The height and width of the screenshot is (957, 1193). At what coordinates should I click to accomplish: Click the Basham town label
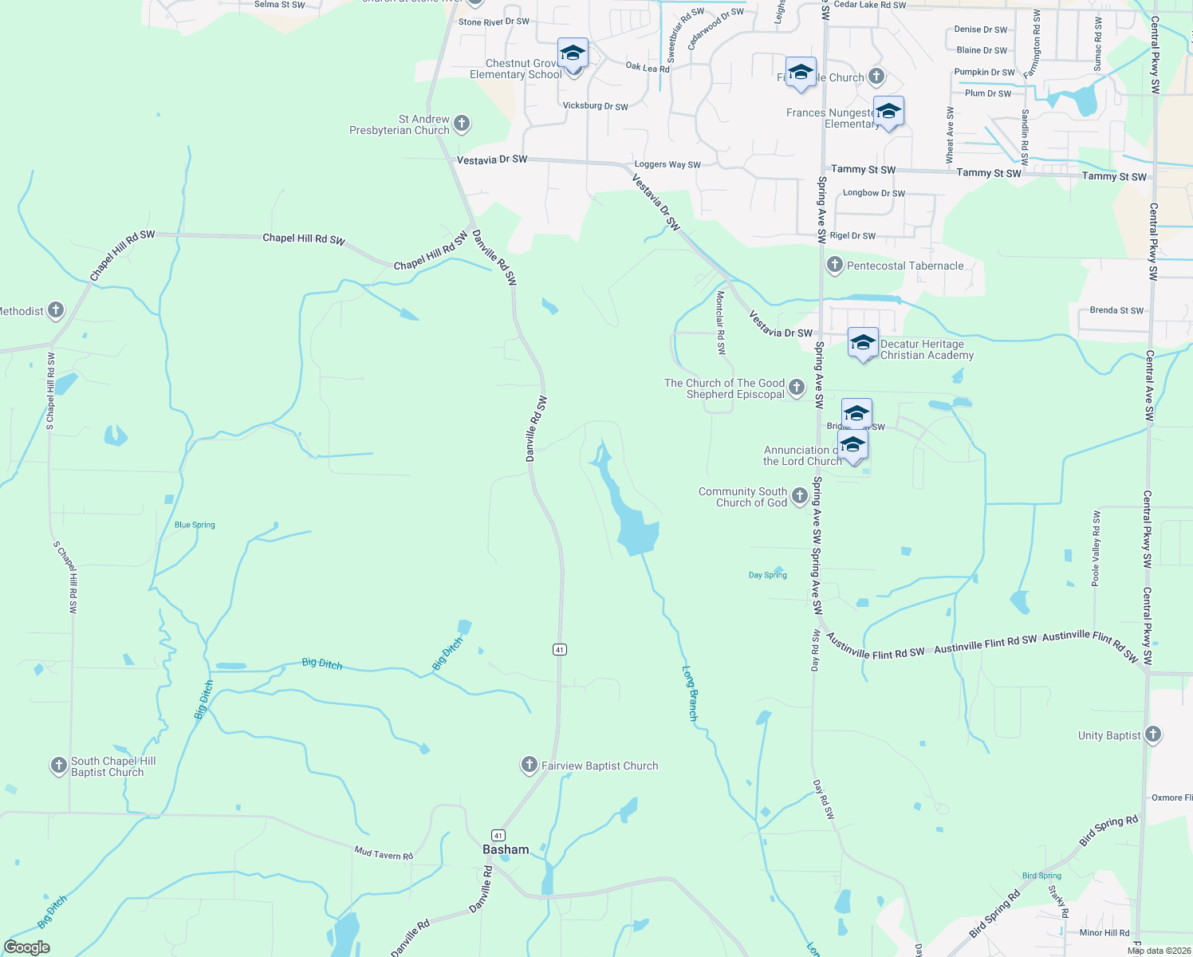pos(506,849)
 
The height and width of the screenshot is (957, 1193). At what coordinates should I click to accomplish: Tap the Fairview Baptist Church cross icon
pos(529,766)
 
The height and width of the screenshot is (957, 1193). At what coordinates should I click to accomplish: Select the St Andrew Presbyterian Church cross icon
pos(462,124)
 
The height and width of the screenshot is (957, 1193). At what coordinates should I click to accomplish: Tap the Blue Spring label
pos(195,525)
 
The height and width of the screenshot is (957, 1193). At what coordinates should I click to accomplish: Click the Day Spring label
pos(768,575)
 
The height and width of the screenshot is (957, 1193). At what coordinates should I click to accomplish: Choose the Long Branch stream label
pos(690,694)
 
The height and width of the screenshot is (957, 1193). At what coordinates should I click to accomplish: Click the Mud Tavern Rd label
pos(384,854)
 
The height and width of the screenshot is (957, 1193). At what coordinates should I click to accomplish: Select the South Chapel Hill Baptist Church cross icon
pos(58,766)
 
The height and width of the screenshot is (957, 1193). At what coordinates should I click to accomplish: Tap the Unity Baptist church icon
pos(1152,734)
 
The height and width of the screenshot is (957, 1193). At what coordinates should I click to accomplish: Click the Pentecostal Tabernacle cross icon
pos(834,265)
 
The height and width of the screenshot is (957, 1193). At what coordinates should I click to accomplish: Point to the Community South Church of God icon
pos(799,497)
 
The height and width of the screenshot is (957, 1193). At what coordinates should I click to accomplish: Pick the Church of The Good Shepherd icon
pos(796,388)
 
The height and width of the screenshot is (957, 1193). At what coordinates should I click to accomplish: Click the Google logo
pos(27,947)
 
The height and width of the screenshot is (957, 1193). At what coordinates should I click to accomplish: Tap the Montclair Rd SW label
pos(720,322)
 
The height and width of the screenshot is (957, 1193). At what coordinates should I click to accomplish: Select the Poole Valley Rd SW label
pos(1097,548)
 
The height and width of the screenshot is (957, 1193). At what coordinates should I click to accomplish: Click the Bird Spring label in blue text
pos(1041,876)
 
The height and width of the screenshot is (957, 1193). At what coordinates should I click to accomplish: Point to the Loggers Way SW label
pos(667,164)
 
